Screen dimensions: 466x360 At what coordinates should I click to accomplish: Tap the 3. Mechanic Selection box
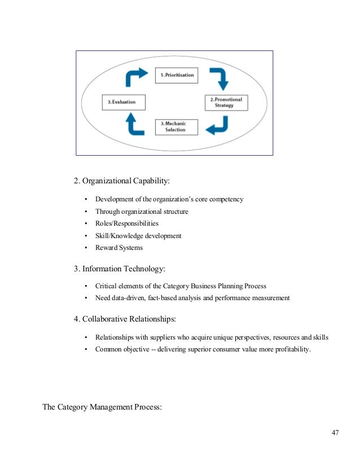point(177,126)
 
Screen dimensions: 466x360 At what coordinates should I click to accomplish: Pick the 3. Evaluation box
point(121,102)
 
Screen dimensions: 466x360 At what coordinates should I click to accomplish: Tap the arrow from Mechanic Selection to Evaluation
point(134,124)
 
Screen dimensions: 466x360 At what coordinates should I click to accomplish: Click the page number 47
point(335,433)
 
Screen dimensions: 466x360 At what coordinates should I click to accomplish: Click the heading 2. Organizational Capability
point(121,181)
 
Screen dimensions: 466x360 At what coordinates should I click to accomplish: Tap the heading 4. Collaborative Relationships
point(125,319)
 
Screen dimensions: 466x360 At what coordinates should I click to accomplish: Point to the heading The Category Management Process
point(102,406)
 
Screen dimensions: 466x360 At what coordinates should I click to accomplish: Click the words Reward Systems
point(119,247)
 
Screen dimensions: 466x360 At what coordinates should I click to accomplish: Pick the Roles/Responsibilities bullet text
point(127,223)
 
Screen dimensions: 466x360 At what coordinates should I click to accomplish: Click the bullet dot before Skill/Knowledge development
point(86,236)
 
